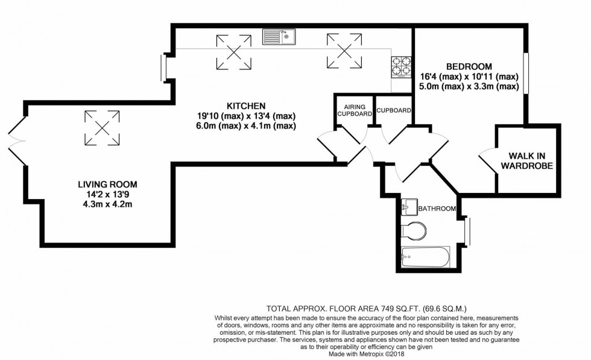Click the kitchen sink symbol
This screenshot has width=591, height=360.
(279, 37)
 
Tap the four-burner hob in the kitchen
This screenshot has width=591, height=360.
(400, 67)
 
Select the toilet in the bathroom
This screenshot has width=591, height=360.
(414, 230)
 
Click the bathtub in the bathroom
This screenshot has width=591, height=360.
(425, 257)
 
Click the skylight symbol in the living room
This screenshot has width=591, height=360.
(102, 128)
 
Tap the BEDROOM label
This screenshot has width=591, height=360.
(469, 67)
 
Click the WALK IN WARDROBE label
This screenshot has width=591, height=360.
(526, 160)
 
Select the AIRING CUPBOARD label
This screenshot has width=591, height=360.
(355, 110)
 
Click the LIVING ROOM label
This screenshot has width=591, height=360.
(107, 185)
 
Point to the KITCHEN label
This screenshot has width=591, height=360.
(246, 106)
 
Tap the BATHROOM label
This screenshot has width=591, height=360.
(437, 209)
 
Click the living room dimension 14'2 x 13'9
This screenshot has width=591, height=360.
(107, 195)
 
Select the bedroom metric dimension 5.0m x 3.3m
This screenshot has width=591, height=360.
(469, 86)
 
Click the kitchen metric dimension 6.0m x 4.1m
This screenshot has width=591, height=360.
(246, 126)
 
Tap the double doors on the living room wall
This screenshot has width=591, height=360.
(17, 141)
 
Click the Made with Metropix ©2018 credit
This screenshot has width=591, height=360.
(366, 354)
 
